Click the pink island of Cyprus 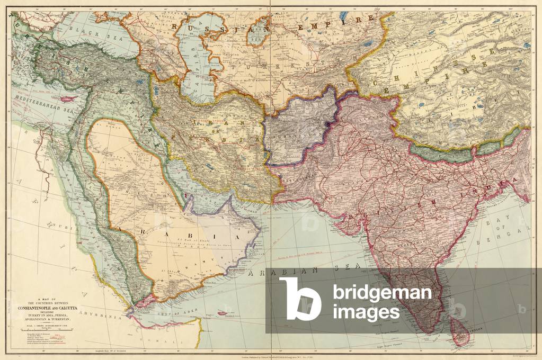click(66, 99)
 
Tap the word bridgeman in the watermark click(381, 293)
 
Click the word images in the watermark click(366, 312)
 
